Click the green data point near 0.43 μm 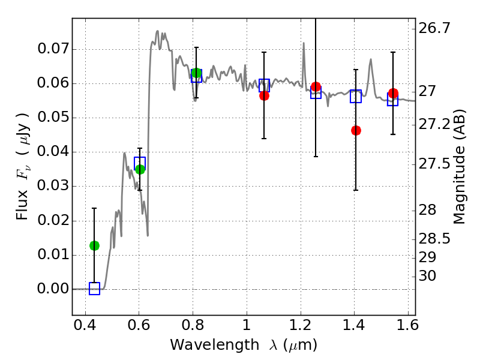tap(94, 245)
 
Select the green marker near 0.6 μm tap(140, 169)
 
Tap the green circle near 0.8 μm tap(196, 73)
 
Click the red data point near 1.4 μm tap(356, 130)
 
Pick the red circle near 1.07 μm tap(264, 95)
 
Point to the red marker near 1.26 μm tap(316, 87)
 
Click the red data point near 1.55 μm tap(393, 93)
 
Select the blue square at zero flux tap(94, 289)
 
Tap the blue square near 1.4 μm tap(356, 96)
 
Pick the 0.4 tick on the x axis tap(85, 327)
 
